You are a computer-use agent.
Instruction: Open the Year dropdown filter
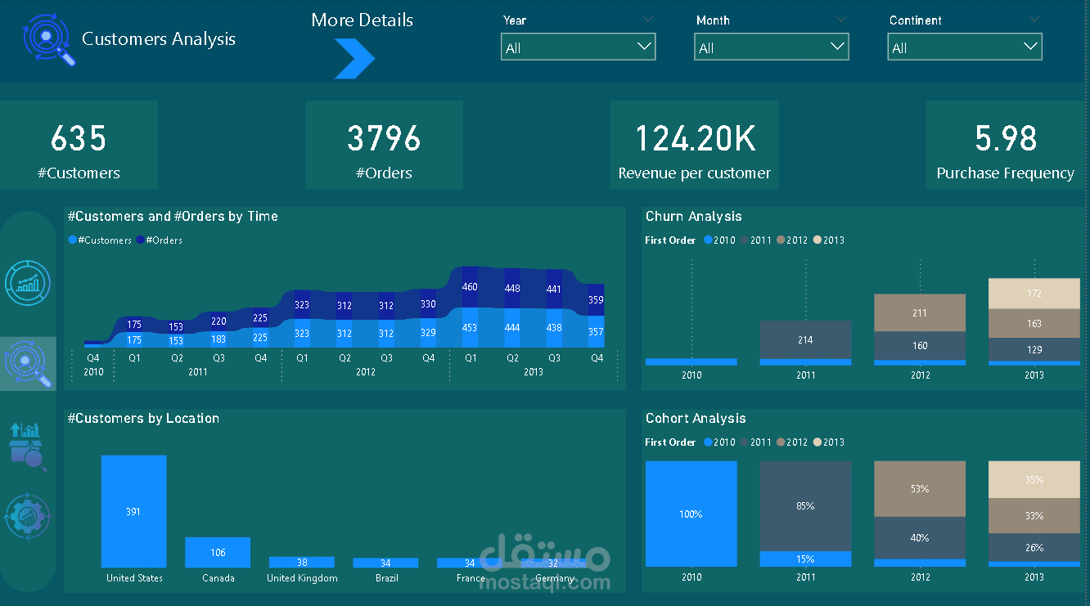coord(578,47)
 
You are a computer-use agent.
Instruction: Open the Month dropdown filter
coord(771,47)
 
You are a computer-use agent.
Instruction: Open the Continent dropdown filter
coord(964,47)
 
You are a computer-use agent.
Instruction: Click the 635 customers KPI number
coord(79,139)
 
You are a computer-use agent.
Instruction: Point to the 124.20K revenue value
coord(695,139)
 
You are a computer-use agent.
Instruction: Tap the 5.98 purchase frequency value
coord(1006,139)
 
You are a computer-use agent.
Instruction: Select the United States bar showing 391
coord(133,511)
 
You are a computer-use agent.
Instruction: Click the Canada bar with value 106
coord(218,552)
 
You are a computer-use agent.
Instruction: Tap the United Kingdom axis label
coord(302,578)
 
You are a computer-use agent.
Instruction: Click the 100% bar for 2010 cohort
coord(691,514)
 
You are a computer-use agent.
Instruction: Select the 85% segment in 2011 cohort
coord(805,505)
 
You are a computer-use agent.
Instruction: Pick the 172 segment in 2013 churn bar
coord(1034,293)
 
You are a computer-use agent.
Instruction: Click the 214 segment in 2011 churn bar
coord(805,339)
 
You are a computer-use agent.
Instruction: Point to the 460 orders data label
coord(470,287)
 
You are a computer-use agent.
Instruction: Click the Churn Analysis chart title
coord(693,217)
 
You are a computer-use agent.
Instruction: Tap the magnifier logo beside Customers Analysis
coord(49,39)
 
